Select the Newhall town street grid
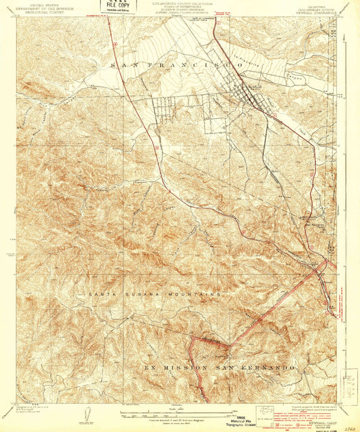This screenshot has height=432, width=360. pyautogui.click(x=254, y=96)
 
